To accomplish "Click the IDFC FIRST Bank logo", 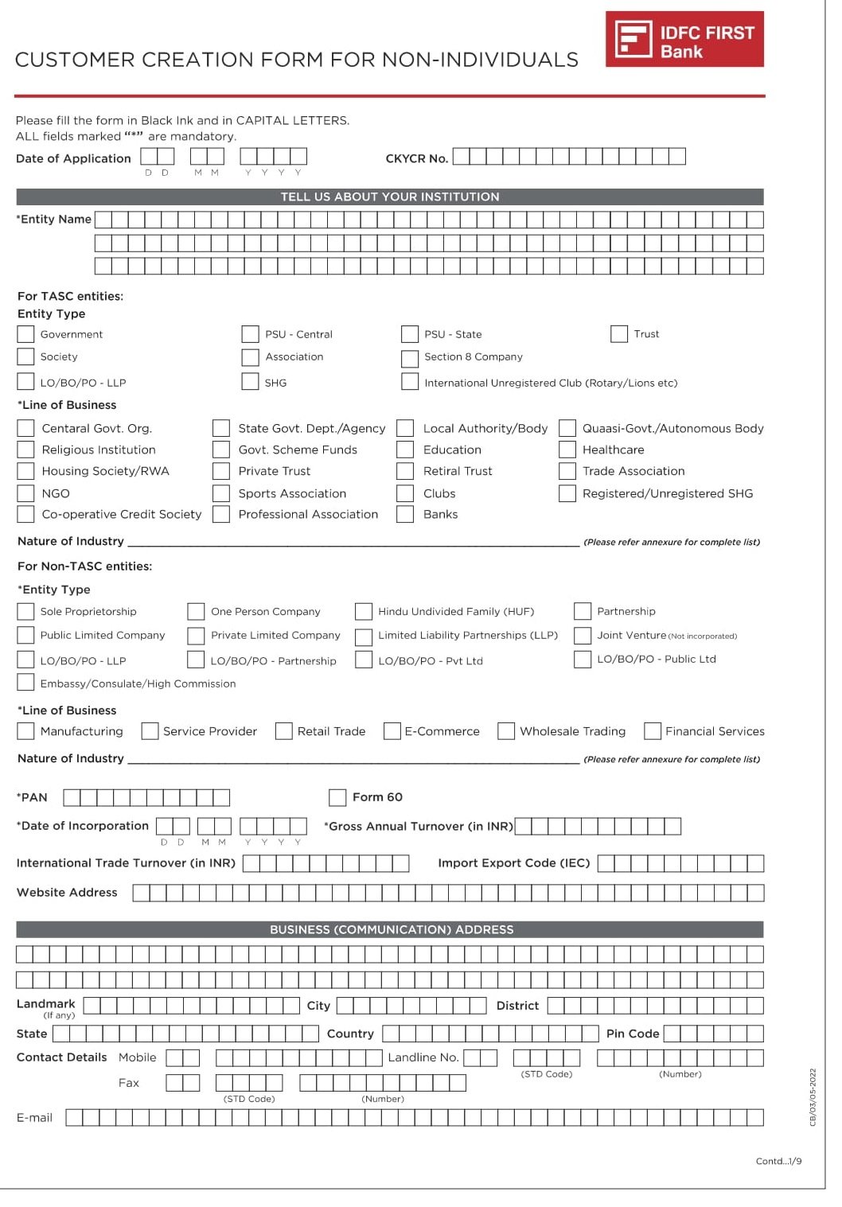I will coord(684,39).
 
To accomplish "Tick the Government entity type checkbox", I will coord(26,334).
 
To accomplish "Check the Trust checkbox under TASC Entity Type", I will coord(619,334).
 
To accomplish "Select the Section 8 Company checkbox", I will coord(410,358).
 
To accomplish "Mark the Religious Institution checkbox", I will coord(26,450).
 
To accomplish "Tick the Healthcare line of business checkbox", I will coord(567,450).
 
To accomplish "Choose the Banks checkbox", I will coord(405,515).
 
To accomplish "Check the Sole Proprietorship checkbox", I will coord(26,612).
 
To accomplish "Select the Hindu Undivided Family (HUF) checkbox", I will coord(364,612).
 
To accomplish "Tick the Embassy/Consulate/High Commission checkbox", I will coord(26,683).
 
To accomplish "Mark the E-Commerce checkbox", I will coord(392,731).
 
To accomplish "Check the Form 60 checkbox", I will coord(337,797).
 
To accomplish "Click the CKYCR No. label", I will coord(416,158).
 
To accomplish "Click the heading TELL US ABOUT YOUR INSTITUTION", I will coord(390,197).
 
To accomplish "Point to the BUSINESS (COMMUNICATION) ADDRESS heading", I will coord(391,929).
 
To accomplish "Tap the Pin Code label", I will coord(632,1034).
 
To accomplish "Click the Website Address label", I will coord(67,893).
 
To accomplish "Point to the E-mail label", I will coord(34,1118).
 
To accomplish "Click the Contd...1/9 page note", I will coord(778,1161).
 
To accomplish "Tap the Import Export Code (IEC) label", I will coord(513,863).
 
